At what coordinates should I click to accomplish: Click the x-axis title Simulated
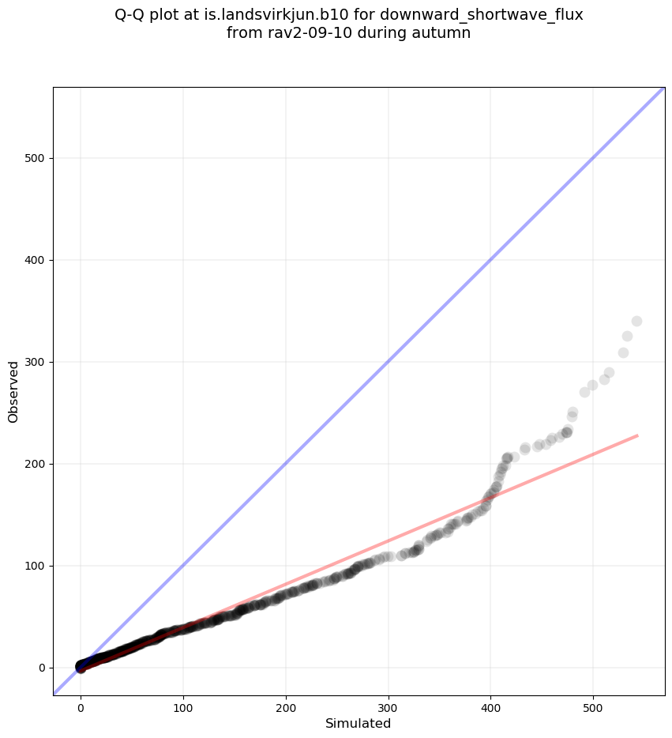click(x=358, y=723)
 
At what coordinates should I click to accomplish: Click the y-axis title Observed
click(x=13, y=391)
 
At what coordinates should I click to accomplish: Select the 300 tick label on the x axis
click(x=388, y=705)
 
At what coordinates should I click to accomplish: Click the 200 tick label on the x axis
click(x=286, y=705)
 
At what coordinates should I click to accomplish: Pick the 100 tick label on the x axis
click(x=183, y=705)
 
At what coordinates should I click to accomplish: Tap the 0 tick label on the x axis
click(x=81, y=705)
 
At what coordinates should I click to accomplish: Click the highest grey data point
click(x=636, y=321)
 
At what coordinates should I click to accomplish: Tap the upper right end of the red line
click(x=637, y=435)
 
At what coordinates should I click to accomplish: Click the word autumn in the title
click(x=445, y=33)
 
